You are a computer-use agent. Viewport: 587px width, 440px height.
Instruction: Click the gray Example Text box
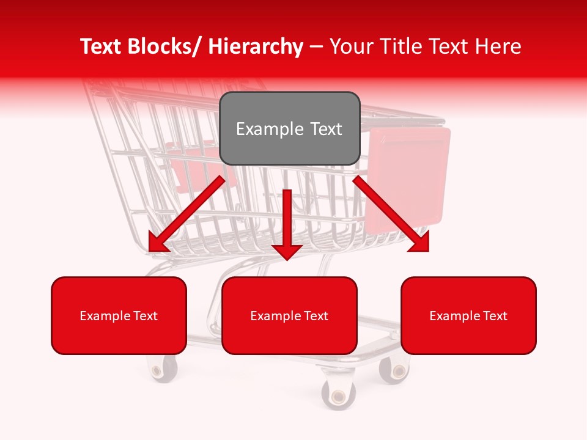pos(289,128)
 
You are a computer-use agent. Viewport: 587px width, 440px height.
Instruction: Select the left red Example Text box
pos(119,315)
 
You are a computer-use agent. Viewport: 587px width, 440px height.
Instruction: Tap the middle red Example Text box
pos(289,315)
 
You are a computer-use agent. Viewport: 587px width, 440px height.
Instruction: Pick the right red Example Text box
pos(468,315)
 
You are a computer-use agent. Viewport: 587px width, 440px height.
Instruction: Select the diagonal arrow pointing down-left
pos(186,214)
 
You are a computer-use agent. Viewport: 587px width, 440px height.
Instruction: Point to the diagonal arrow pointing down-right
pos(391,214)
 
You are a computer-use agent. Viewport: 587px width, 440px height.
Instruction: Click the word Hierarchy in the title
pos(255,46)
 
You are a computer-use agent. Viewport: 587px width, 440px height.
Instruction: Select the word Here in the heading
pos(497,46)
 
